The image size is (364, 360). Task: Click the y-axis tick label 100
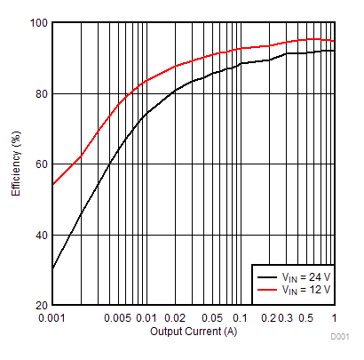37,23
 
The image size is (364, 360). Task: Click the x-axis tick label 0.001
52,318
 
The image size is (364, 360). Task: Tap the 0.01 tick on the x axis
146,318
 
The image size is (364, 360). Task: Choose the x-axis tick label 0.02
174,318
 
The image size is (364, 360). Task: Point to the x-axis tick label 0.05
211,318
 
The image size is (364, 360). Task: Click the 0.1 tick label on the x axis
240,318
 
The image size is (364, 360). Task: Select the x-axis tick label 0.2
268,318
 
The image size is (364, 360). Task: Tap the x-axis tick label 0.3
287,318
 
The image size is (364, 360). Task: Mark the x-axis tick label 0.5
305,318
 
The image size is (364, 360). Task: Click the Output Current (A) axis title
194,332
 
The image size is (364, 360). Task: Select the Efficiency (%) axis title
17,164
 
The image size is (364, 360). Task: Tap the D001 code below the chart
340,338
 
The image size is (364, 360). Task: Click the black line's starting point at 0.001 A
53,268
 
